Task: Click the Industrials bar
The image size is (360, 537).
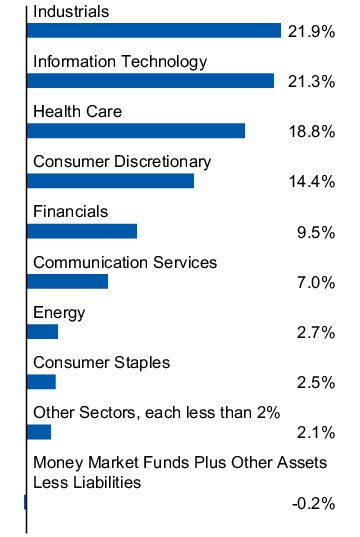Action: click(153, 30)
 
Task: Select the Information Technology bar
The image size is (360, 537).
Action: click(150, 80)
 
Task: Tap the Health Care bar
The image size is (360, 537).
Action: click(135, 130)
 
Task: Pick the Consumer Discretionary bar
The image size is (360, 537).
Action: click(110, 180)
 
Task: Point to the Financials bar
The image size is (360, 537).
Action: click(81, 231)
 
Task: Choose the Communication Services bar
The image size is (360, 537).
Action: click(67, 281)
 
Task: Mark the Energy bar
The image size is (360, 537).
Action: click(42, 331)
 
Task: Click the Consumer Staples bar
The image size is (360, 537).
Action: click(41, 381)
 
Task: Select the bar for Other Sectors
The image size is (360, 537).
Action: click(38, 431)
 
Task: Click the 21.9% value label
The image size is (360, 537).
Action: click(309, 32)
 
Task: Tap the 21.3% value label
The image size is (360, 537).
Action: click(309, 82)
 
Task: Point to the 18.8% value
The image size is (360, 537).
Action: click(309, 132)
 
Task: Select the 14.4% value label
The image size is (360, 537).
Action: click(309, 182)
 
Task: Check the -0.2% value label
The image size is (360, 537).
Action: click(312, 503)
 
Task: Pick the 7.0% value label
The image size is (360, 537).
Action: click(315, 282)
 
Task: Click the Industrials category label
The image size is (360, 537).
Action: click(70, 11)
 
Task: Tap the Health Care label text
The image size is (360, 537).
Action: click(77, 111)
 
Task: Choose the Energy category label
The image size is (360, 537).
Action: click(59, 312)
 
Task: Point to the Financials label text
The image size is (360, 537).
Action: click(70, 211)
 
